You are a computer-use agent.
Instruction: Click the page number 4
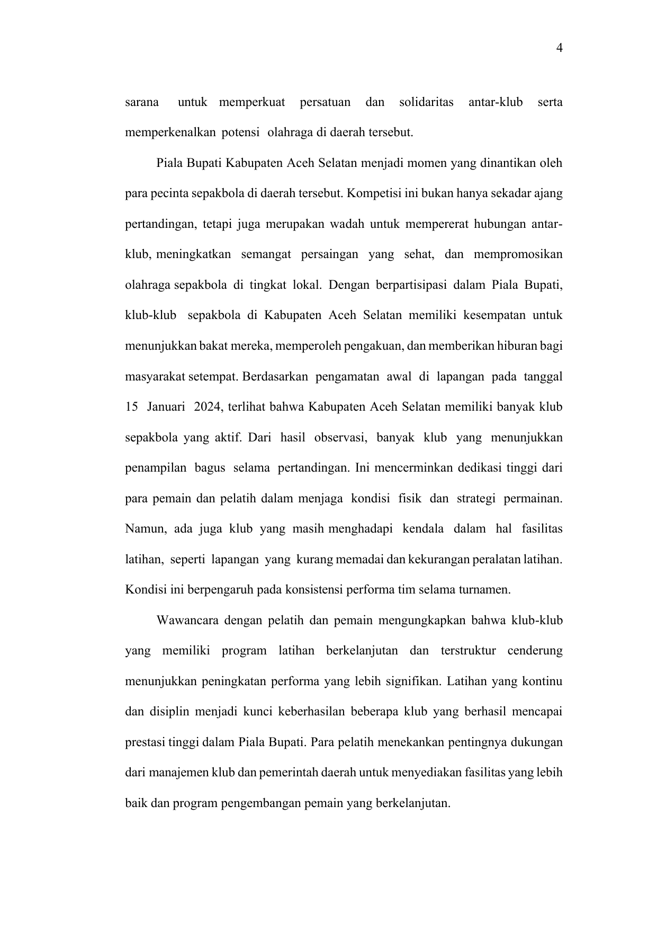[x=559, y=49]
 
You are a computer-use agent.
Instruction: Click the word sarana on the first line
[x=142, y=102]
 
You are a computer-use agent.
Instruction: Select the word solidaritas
[x=426, y=102]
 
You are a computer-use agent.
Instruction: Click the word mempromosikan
[x=518, y=254]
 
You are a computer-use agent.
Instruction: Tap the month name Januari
[x=166, y=407]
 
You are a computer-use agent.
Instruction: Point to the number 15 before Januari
[x=131, y=407]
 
